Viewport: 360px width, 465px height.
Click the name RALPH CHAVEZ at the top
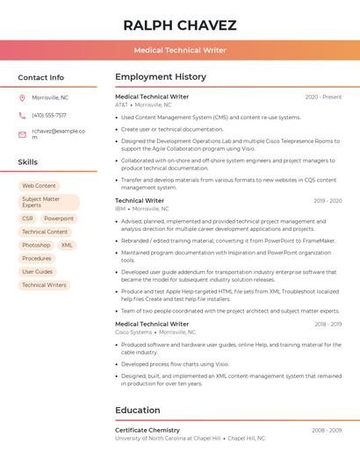point(180,24)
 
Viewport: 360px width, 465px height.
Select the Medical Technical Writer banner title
point(180,50)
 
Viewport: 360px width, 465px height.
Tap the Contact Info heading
point(41,77)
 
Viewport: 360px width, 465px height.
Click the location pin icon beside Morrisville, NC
point(22,97)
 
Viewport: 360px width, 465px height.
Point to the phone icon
point(22,115)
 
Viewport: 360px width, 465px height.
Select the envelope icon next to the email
point(22,134)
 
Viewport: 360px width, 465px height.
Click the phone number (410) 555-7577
point(49,115)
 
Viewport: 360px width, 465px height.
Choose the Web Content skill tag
point(39,186)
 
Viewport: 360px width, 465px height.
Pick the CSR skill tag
point(27,218)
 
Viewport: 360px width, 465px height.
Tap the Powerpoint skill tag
point(59,218)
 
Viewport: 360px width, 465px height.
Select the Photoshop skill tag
point(36,245)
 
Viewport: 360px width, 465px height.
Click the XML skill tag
point(67,245)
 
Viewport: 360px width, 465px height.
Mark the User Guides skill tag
point(37,272)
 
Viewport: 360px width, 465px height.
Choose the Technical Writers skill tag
point(44,285)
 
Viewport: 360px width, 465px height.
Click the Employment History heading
point(161,77)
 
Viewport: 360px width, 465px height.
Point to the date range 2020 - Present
point(323,97)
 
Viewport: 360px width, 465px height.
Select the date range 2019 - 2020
point(328,201)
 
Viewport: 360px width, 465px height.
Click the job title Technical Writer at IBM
point(140,201)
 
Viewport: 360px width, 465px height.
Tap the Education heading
point(138,410)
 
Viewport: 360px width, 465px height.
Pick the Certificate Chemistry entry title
point(148,430)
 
